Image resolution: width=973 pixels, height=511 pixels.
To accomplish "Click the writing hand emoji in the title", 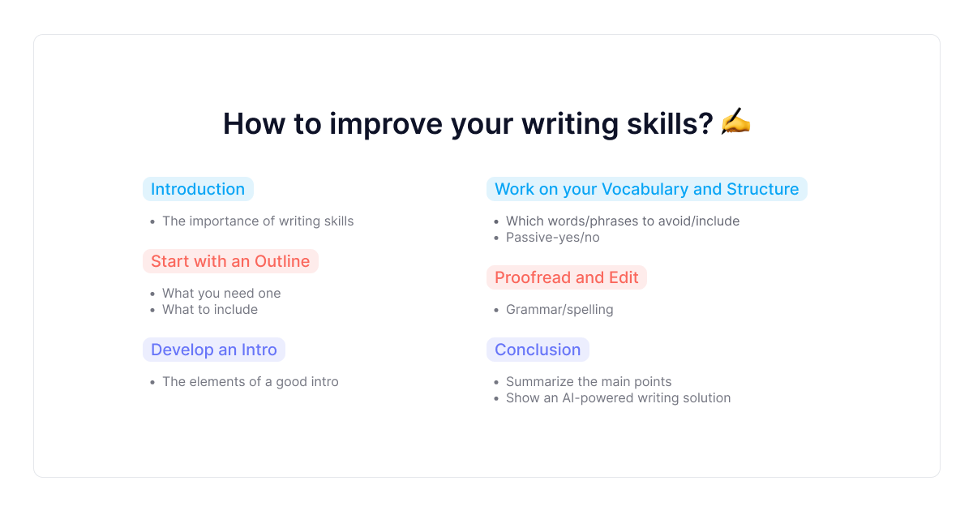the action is tap(735, 122).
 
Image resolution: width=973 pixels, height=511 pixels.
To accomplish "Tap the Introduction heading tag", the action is tap(198, 189).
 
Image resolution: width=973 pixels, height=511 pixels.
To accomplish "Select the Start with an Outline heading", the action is tap(230, 261).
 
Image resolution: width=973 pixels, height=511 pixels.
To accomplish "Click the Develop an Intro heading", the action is tap(214, 350).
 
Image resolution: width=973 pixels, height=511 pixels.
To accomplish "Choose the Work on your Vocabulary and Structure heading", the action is tap(647, 189).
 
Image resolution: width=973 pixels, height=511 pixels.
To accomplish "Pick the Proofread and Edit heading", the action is tap(567, 277).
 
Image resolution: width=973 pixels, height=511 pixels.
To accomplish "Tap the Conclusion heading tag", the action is tap(538, 350).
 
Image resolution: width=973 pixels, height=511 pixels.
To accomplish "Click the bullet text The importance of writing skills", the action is tap(258, 221).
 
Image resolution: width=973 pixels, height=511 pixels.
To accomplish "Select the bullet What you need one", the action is tap(221, 294).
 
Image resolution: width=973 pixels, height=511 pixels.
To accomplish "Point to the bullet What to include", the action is tap(210, 309).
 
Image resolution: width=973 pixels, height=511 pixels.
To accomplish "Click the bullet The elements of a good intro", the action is tap(251, 381).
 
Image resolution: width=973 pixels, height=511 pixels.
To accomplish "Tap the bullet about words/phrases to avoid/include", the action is tap(623, 221).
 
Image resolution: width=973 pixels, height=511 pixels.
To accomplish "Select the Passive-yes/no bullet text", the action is tap(552, 237).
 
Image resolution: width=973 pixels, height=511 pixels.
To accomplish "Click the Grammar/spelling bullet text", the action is tap(559, 309).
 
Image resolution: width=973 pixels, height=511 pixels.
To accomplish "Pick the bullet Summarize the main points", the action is tap(589, 381).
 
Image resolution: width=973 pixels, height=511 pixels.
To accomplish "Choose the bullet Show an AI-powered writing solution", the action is tap(618, 398).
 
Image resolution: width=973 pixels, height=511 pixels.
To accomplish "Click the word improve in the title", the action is tap(386, 124).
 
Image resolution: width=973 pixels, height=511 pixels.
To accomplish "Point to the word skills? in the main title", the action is tap(670, 123).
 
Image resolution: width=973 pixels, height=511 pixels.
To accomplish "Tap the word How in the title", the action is tap(254, 123).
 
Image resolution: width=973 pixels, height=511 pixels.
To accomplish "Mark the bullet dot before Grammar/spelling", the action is tap(496, 310).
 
